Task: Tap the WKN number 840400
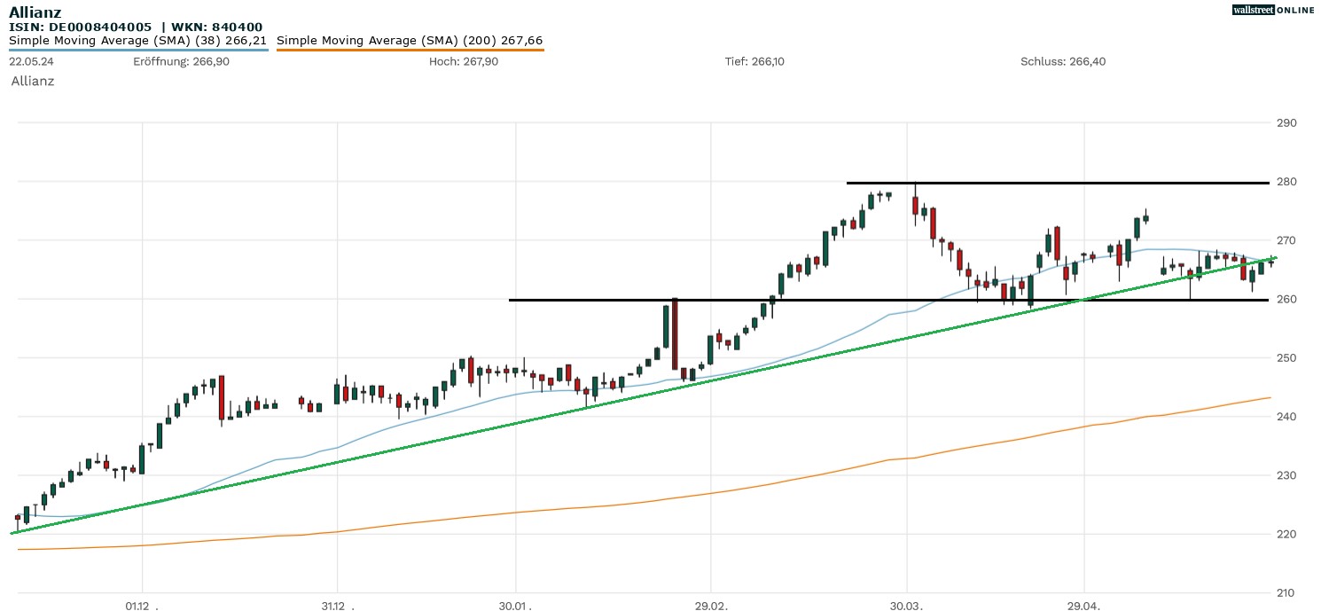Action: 237,27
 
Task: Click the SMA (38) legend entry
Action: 138,41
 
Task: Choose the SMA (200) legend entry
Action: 410,41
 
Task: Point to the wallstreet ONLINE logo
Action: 1273,10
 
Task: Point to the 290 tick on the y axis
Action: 1286,122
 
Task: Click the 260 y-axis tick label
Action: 1286,299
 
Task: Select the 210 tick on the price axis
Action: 1286,592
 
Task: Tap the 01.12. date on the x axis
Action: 141,606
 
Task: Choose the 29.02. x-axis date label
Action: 710,606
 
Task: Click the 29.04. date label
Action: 1084,606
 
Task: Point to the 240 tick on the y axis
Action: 1286,416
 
